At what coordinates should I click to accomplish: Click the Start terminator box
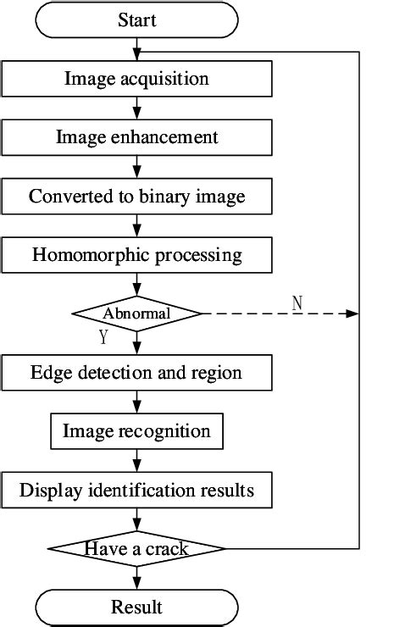(136, 19)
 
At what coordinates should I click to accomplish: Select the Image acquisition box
(136, 79)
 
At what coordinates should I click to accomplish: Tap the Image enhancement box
(136, 137)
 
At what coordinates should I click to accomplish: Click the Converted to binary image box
(136, 197)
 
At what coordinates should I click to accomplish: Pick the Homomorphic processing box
(136, 254)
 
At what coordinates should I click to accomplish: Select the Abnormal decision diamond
(136, 313)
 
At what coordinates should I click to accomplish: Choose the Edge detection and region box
(136, 372)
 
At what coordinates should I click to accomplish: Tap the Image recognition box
(136, 431)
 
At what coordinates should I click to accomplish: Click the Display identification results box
(136, 491)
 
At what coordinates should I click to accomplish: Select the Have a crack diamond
(136, 549)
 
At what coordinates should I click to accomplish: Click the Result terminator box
(136, 607)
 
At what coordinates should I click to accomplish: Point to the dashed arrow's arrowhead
(354, 313)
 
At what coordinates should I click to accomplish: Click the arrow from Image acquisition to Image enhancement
(136, 108)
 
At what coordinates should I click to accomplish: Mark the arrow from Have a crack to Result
(136, 580)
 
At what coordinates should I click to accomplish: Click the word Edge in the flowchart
(48, 372)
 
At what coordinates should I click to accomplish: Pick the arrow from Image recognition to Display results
(136, 461)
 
